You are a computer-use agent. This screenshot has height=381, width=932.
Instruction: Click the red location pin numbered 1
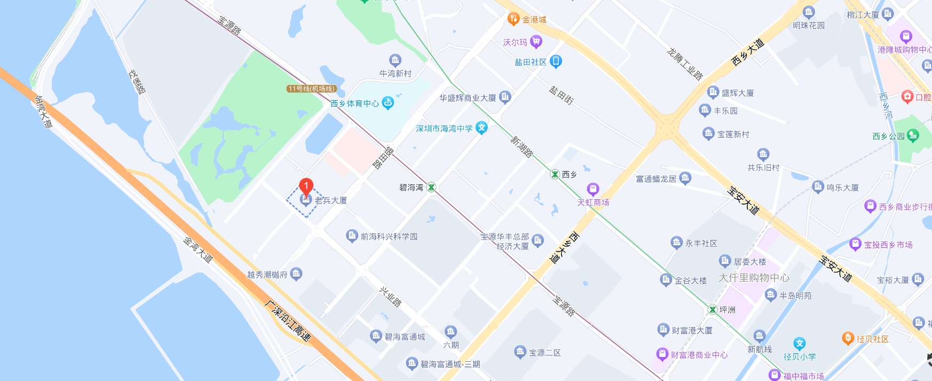pyautogui.click(x=306, y=186)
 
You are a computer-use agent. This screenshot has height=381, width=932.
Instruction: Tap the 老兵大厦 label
pyautogui.click(x=331, y=200)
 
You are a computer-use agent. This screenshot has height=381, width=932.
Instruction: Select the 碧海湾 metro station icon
pyautogui.click(x=431, y=187)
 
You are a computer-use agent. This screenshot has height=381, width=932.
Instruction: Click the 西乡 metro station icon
pyautogui.click(x=555, y=174)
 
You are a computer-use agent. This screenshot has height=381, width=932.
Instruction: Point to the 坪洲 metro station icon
pyautogui.click(x=712, y=309)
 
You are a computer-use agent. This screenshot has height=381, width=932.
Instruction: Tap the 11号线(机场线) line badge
pyautogui.click(x=311, y=89)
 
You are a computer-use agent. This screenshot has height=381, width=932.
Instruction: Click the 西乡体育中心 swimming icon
pyautogui.click(x=388, y=103)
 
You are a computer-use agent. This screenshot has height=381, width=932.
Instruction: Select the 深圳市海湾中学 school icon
pyautogui.click(x=481, y=128)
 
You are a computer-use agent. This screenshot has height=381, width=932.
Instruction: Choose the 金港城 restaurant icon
pyautogui.click(x=513, y=19)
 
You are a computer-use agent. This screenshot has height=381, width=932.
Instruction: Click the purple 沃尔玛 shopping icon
pyautogui.click(x=536, y=42)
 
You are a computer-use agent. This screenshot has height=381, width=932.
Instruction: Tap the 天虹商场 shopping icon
pyautogui.click(x=593, y=189)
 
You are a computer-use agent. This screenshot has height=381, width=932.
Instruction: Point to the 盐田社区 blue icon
pyautogui.click(x=556, y=61)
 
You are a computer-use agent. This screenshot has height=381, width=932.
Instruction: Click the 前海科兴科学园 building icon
pyautogui.click(x=352, y=236)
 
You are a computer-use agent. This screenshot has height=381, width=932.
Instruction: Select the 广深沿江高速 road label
pyautogui.click(x=288, y=321)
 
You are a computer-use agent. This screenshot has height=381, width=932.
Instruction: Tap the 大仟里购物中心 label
pyautogui.click(x=754, y=278)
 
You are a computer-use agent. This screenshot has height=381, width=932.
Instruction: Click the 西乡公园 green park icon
pyautogui.click(x=913, y=136)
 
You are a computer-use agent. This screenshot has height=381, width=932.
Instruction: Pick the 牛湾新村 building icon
pyautogui.click(x=395, y=60)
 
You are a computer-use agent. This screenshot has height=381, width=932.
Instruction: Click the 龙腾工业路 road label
pyautogui.click(x=685, y=64)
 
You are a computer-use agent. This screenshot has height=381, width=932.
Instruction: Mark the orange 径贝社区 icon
pyautogui.click(x=848, y=338)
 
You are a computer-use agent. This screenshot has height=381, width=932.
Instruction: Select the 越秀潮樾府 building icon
pyautogui.click(x=296, y=274)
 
